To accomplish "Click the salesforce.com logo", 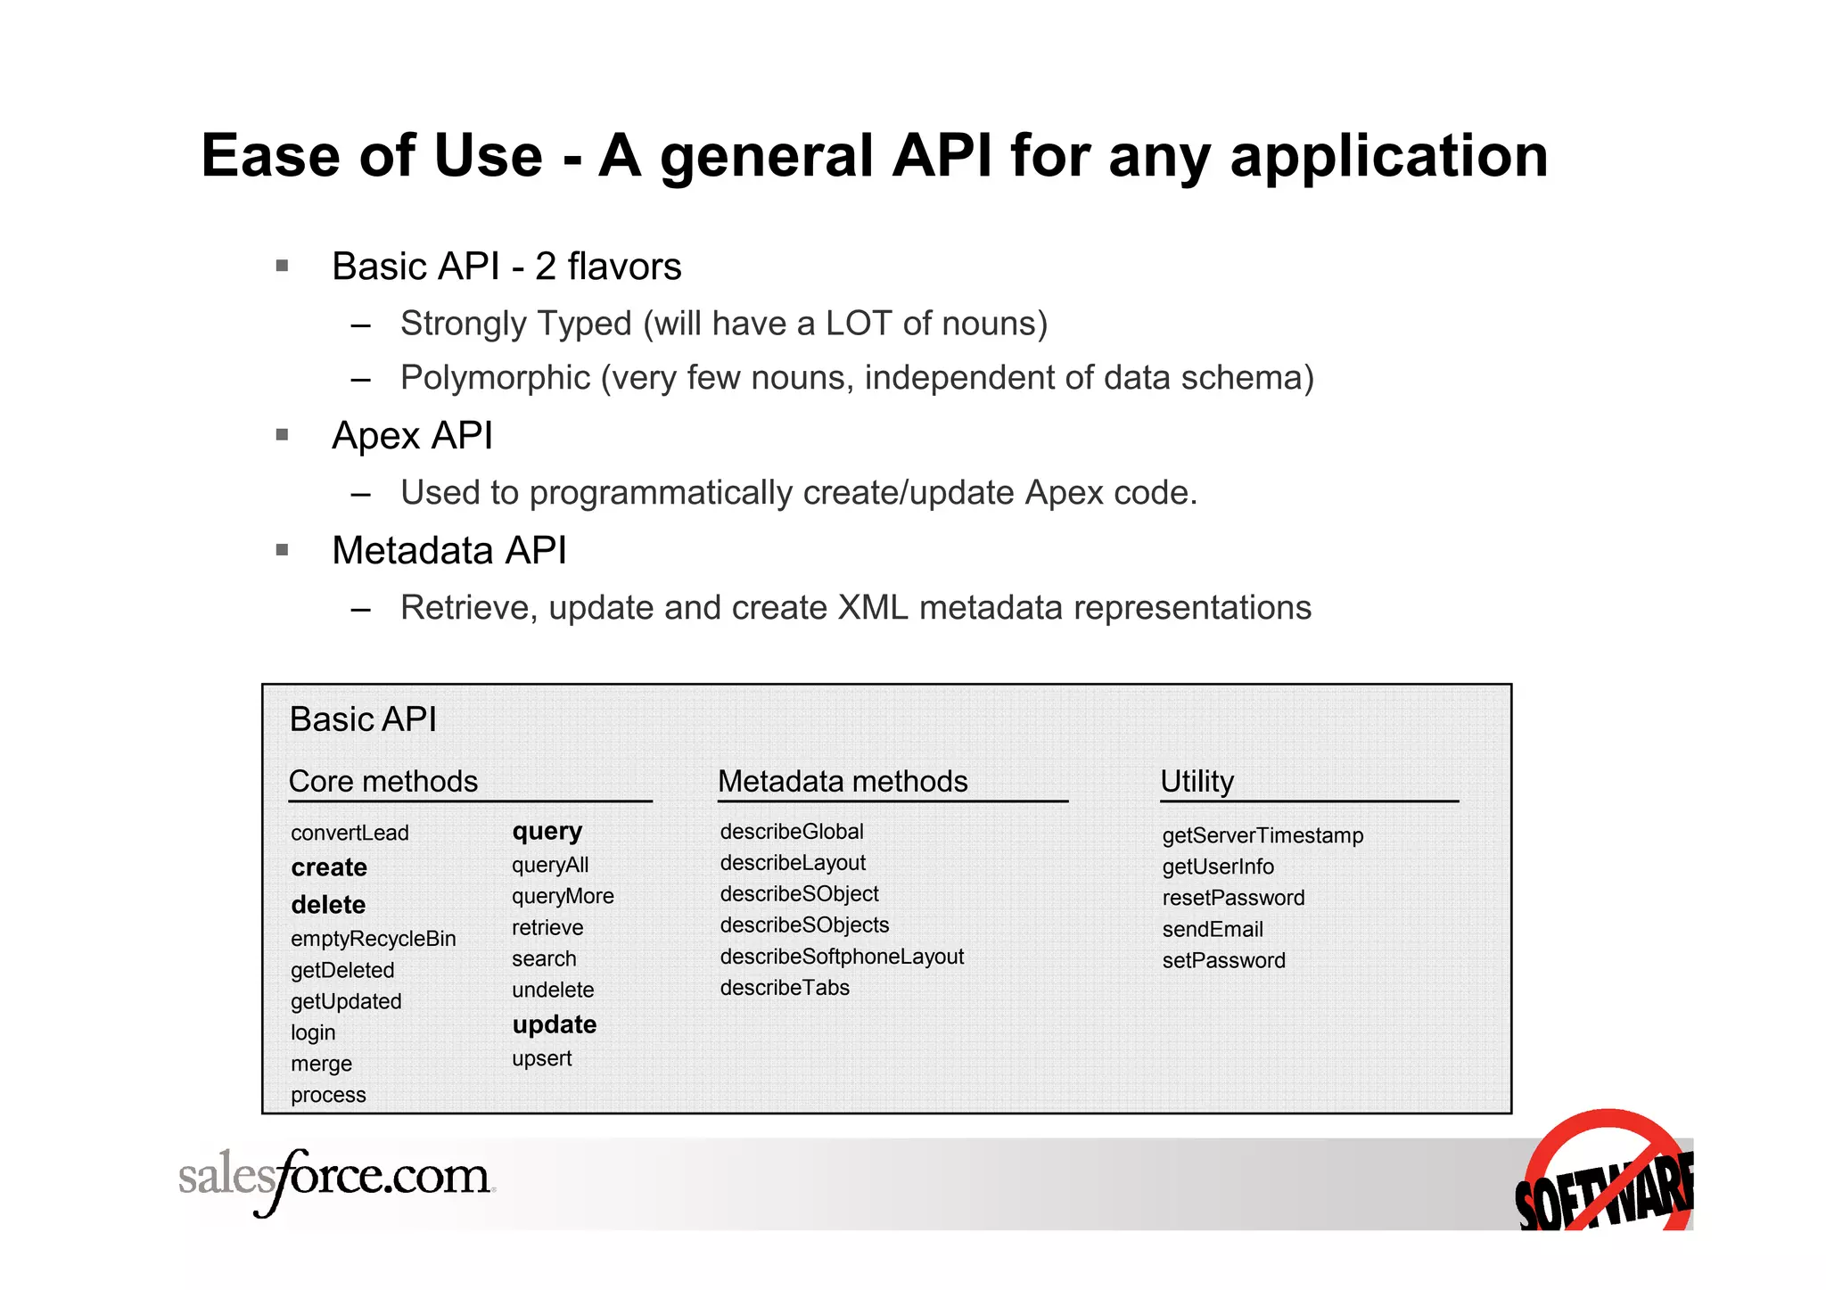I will click(335, 1179).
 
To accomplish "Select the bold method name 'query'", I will click(547, 832).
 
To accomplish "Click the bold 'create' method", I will click(329, 867).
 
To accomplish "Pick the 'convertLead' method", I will click(350, 833).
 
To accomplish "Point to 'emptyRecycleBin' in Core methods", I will click(373, 939).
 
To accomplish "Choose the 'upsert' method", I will click(541, 1059).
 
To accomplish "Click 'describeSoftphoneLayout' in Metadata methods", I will click(842, 957).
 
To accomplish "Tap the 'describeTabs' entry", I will click(785, 988).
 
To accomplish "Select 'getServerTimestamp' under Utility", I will click(1263, 836).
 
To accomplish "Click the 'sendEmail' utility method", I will click(1213, 930).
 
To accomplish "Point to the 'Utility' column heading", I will click(1197, 782).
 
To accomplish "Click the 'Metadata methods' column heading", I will click(843, 782).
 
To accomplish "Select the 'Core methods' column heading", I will click(383, 782).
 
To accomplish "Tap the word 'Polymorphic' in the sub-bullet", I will click(495, 378).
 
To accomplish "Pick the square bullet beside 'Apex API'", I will click(283, 435).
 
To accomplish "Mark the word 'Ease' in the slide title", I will click(271, 156).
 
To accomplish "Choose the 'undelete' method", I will click(553, 990).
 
